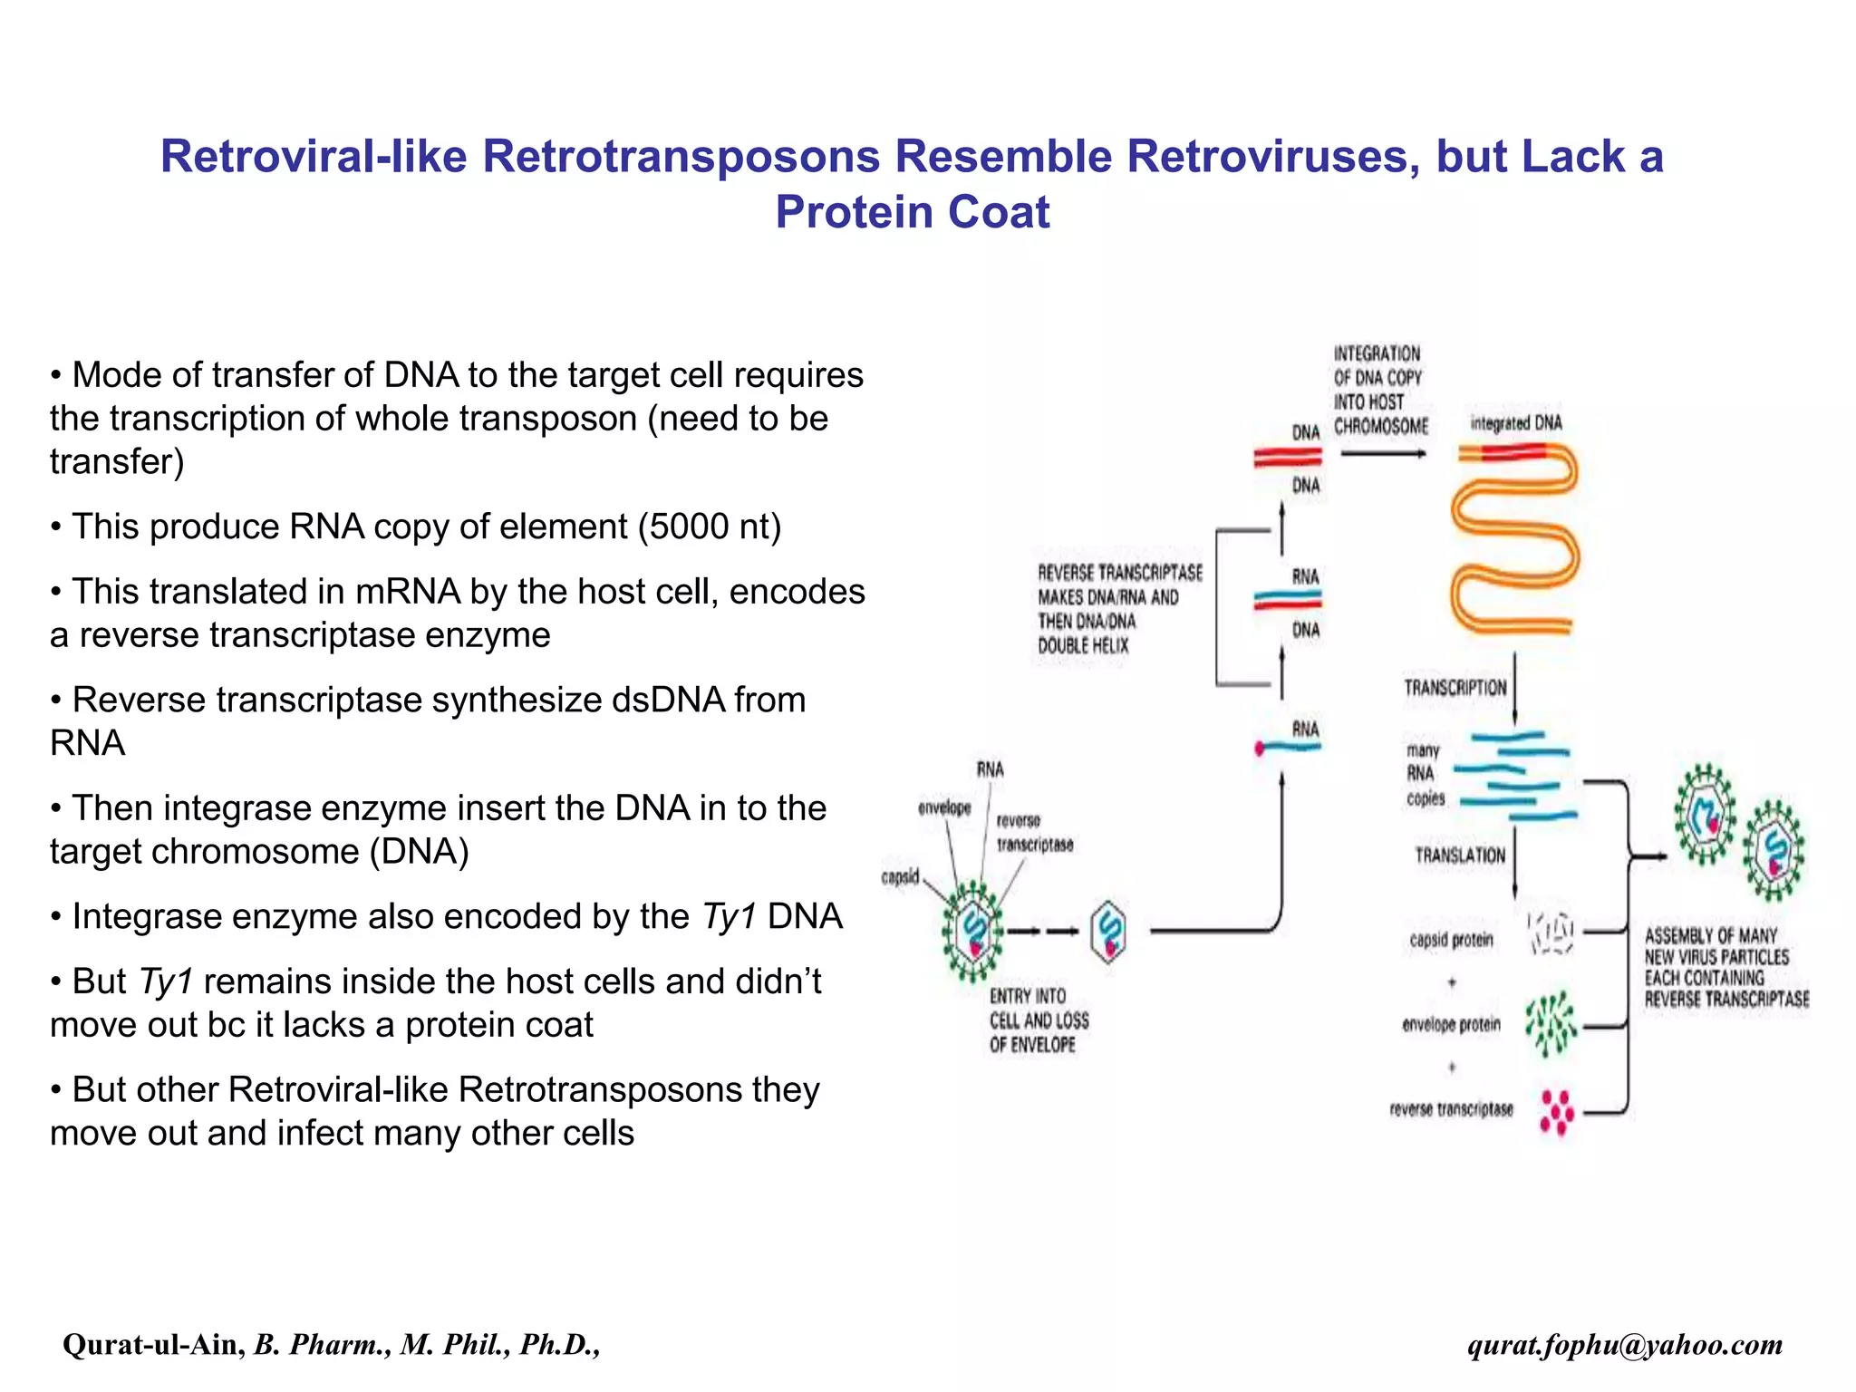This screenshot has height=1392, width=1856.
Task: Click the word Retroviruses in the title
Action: (x=1272, y=156)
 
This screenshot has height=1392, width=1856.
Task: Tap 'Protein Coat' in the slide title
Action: (x=912, y=213)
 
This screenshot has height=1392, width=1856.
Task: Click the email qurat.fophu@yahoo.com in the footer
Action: (x=1625, y=1344)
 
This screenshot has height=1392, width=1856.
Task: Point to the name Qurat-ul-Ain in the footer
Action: (x=152, y=1344)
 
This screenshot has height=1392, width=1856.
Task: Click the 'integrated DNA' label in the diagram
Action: (x=1515, y=423)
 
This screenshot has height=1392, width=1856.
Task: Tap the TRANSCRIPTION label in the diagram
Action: (x=1455, y=688)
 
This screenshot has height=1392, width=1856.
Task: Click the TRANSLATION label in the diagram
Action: (x=1459, y=855)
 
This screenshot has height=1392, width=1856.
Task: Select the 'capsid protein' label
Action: (x=1450, y=940)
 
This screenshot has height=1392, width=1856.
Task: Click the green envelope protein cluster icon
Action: (x=1551, y=1024)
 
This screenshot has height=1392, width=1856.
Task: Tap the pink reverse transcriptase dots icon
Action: (x=1556, y=1112)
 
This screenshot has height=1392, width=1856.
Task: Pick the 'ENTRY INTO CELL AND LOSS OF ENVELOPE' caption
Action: (x=1038, y=1020)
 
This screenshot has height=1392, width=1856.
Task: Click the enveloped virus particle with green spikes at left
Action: (x=972, y=931)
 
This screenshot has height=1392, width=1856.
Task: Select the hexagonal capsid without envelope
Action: (x=1108, y=930)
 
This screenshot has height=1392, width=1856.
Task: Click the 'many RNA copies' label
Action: (x=1424, y=774)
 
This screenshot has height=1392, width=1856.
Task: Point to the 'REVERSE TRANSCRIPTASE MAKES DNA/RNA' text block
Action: (x=1119, y=609)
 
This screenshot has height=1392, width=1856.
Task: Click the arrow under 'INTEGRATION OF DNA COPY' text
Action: (x=1382, y=453)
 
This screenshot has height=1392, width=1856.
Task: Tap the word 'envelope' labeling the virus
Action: (x=943, y=807)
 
